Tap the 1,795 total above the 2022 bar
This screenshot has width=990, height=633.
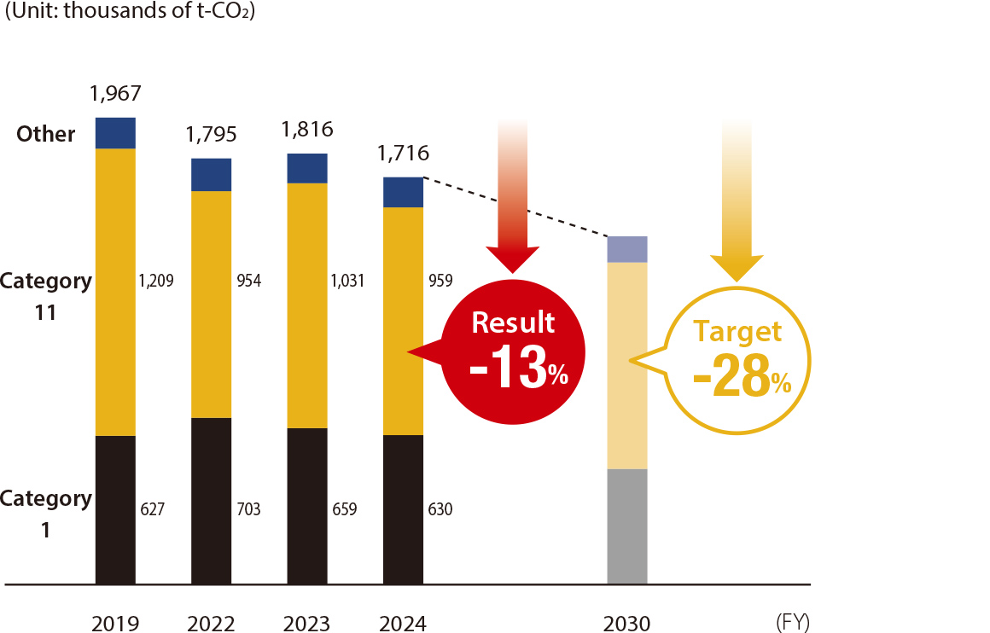pyautogui.click(x=211, y=135)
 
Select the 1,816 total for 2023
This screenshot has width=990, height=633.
pyautogui.click(x=307, y=130)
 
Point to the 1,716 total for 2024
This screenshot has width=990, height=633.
pyautogui.click(x=404, y=154)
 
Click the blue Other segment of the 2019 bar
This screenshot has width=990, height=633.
pyautogui.click(x=115, y=133)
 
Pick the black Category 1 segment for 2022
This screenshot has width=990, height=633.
pyautogui.click(x=211, y=501)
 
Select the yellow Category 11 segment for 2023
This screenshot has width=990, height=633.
pyautogui.click(x=307, y=305)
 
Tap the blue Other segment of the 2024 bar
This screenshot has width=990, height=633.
pyautogui.click(x=404, y=192)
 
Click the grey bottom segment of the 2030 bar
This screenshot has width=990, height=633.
pyautogui.click(x=627, y=526)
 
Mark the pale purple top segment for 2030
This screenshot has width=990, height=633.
pyautogui.click(x=627, y=249)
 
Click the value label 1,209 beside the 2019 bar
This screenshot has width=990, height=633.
pyautogui.click(x=156, y=280)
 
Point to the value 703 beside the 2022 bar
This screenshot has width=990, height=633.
pyautogui.click(x=248, y=510)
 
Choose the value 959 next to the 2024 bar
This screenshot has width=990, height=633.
pyautogui.click(x=440, y=280)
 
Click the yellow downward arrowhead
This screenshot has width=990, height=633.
pyautogui.click(x=735, y=266)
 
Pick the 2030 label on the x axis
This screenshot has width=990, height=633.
pyautogui.click(x=627, y=624)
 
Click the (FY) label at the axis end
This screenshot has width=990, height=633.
pyautogui.click(x=793, y=623)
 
